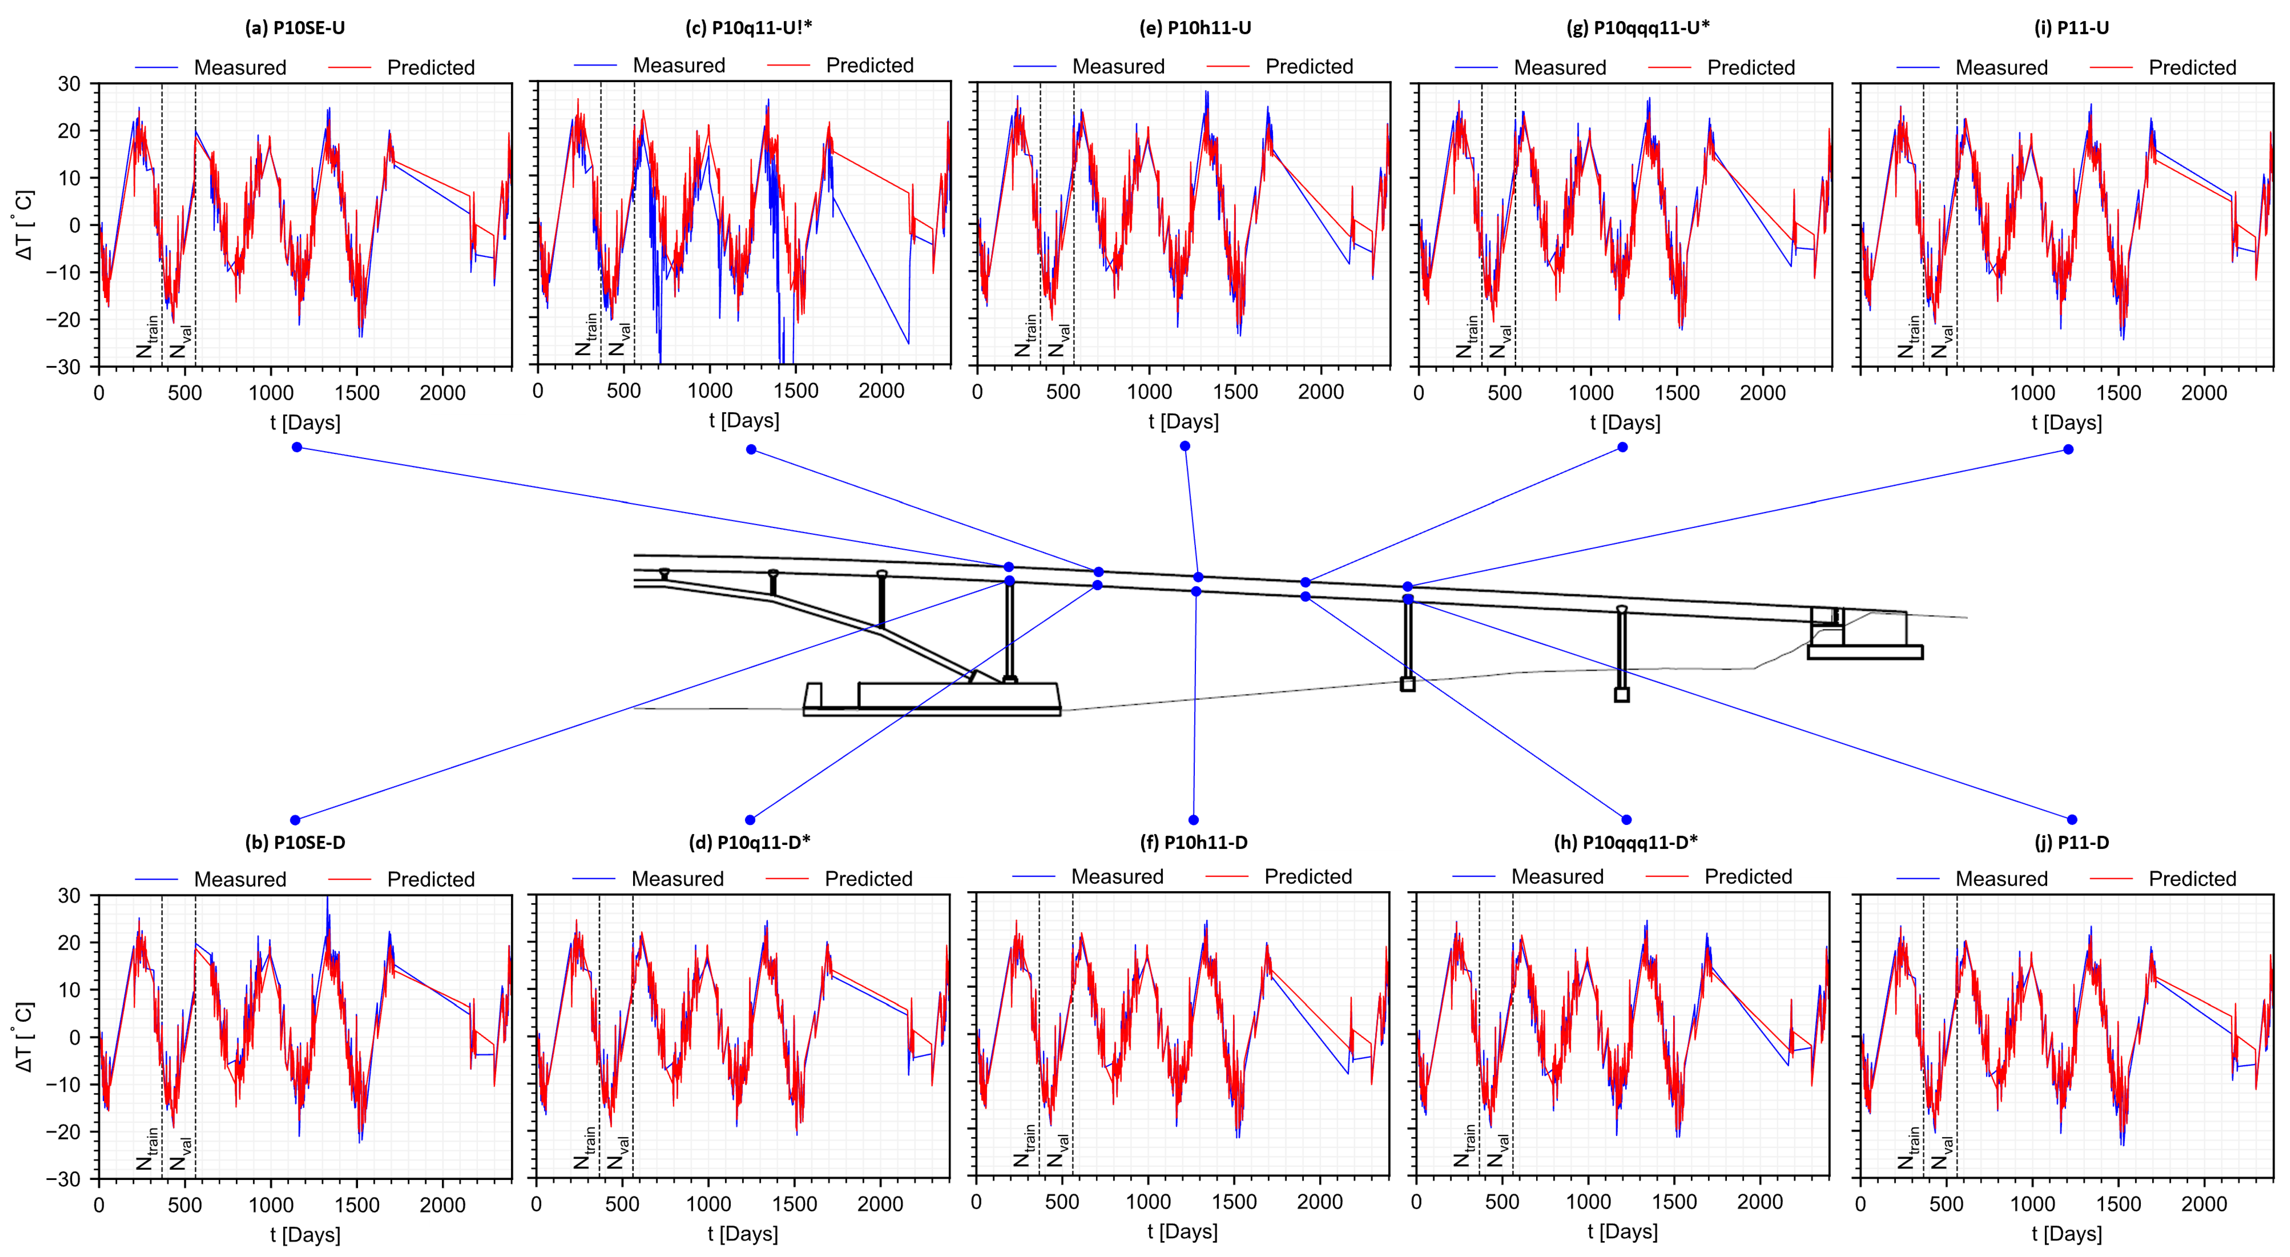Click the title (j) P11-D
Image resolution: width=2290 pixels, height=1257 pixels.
coord(2071,842)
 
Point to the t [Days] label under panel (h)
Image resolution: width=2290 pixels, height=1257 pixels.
coord(1622,1232)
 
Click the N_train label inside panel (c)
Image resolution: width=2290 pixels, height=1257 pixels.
coord(586,335)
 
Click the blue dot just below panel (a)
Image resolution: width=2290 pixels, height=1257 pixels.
coord(297,447)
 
